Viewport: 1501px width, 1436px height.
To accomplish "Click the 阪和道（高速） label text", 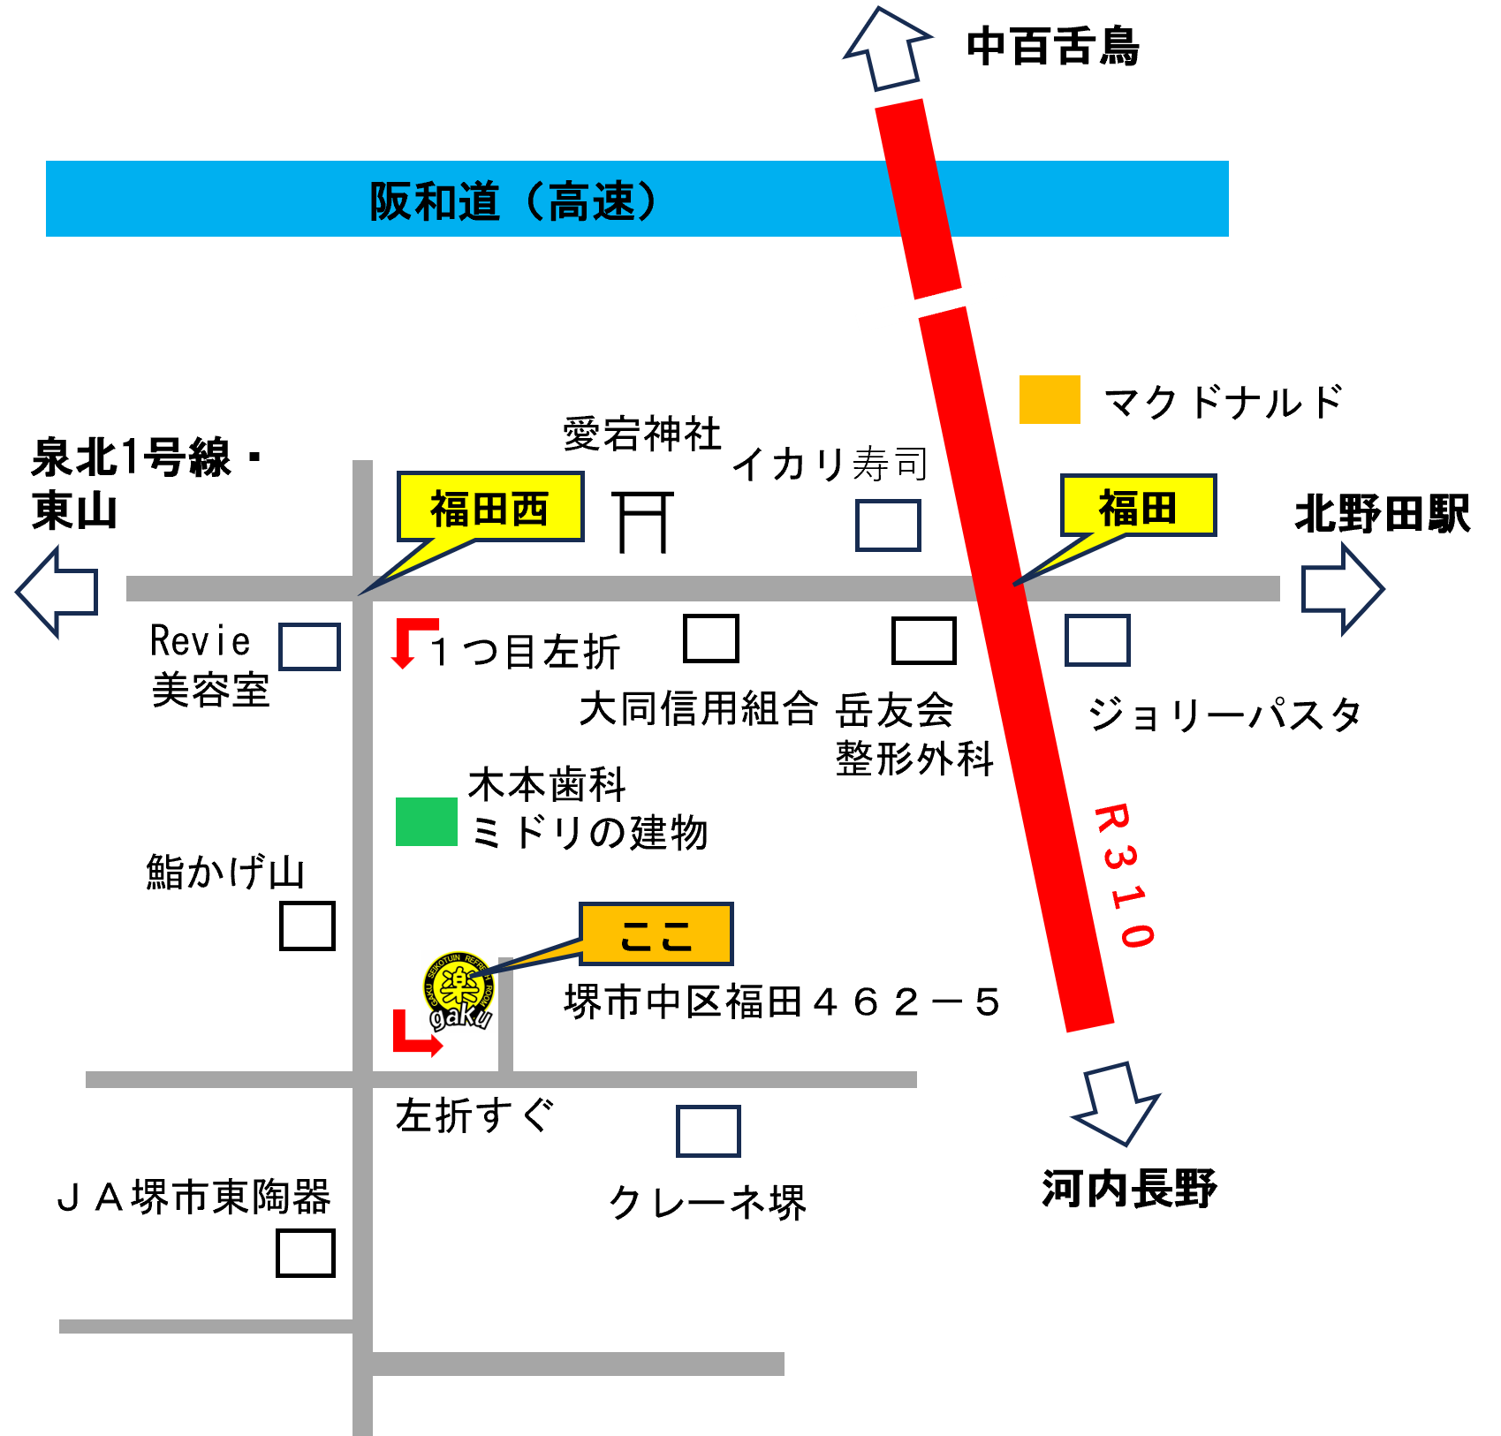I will [x=513, y=201].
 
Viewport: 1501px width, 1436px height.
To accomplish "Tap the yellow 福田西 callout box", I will [x=490, y=507].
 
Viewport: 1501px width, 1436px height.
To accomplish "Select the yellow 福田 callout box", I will [x=1138, y=506].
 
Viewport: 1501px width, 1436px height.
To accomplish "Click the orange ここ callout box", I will [x=656, y=934].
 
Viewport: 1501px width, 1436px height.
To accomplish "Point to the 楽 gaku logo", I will [x=459, y=992].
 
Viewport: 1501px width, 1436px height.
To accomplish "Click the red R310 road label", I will [x=1124, y=875].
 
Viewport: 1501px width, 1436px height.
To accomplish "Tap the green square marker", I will [x=427, y=821].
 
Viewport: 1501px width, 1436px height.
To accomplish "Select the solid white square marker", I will [x=307, y=926].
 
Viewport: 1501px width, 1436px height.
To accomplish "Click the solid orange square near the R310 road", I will [x=1050, y=399].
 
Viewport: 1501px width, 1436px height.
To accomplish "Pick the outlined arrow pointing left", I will [x=57, y=591].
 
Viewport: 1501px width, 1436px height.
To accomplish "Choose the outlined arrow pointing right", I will [x=1342, y=588].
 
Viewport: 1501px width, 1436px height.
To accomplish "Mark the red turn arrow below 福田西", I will [x=410, y=640].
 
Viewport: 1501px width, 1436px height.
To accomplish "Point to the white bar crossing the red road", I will [x=934, y=304].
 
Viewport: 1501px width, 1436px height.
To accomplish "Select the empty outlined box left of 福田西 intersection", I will [x=309, y=646].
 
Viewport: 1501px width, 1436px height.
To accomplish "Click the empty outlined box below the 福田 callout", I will [x=1097, y=640].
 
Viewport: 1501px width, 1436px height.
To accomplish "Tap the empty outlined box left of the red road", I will [x=888, y=525].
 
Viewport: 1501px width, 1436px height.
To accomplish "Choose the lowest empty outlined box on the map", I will [x=708, y=1131].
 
